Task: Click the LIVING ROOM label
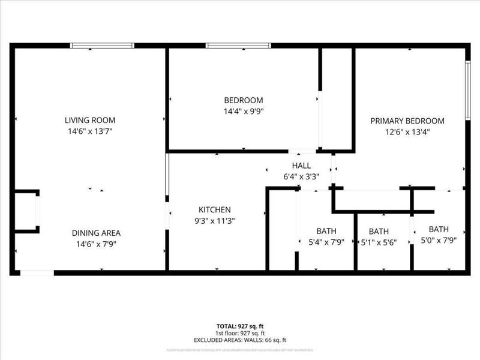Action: click(90, 120)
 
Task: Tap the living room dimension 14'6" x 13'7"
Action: click(90, 131)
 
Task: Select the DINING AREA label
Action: click(96, 233)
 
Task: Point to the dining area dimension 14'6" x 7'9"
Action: click(96, 244)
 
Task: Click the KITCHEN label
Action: click(215, 210)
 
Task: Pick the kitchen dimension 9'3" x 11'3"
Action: click(215, 221)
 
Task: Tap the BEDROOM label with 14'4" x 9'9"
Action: click(243, 100)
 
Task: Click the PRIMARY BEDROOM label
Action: click(407, 121)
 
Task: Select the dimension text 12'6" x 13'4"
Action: click(407, 131)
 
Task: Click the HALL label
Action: click(301, 166)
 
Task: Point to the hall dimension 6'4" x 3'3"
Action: click(301, 176)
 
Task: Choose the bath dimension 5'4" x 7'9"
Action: click(326, 242)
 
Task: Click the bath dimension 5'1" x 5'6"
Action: click(379, 242)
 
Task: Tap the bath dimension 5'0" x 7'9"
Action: click(439, 241)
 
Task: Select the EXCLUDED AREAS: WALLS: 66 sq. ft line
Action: click(240, 340)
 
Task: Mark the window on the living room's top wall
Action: click(102, 46)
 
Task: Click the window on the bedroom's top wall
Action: click(238, 46)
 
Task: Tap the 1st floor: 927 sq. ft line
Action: click(240, 333)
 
